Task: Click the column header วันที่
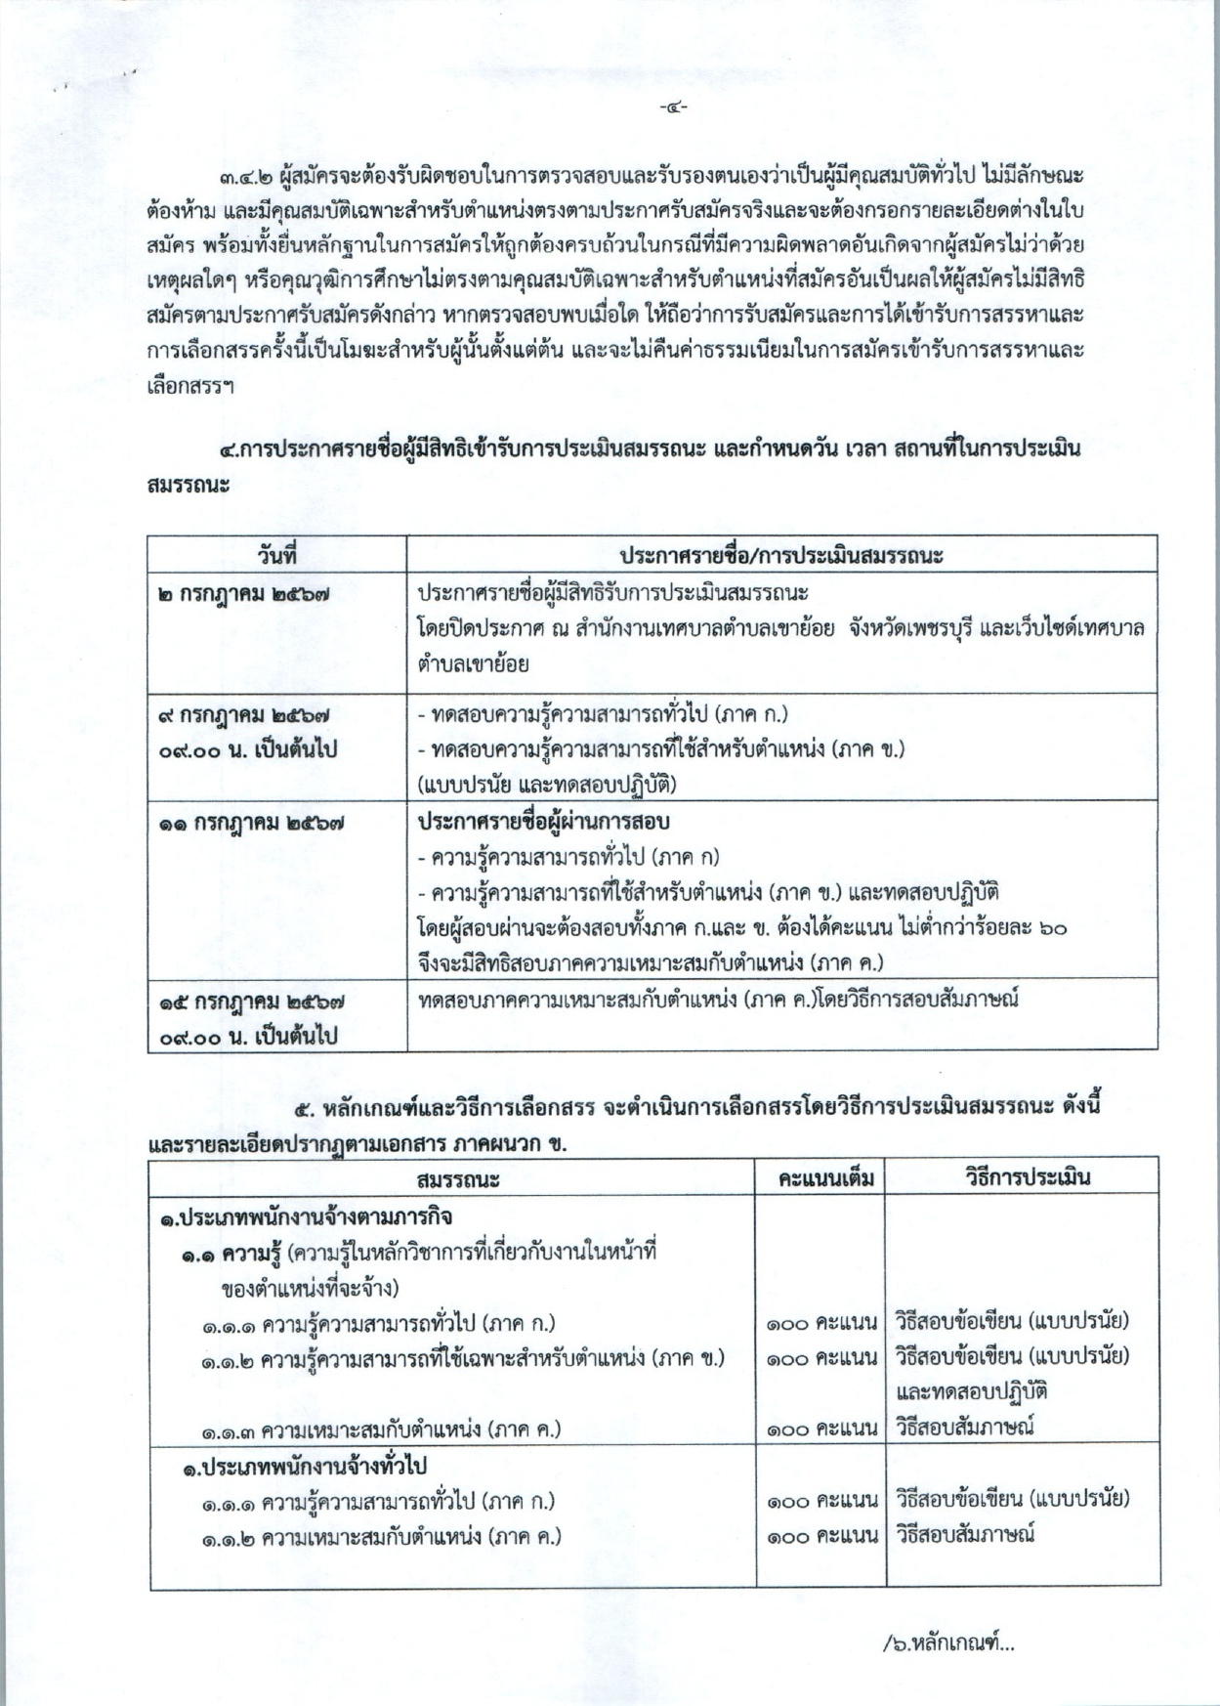point(276,555)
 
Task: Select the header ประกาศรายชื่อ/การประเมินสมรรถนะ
point(780,555)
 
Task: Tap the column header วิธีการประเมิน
point(1022,1177)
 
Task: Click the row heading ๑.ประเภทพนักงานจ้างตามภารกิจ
point(306,1217)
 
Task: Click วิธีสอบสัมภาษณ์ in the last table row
point(964,1534)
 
